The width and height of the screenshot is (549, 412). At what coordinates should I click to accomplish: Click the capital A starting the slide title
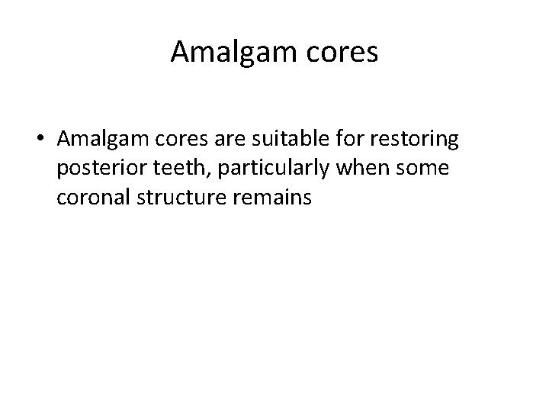pos(180,52)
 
